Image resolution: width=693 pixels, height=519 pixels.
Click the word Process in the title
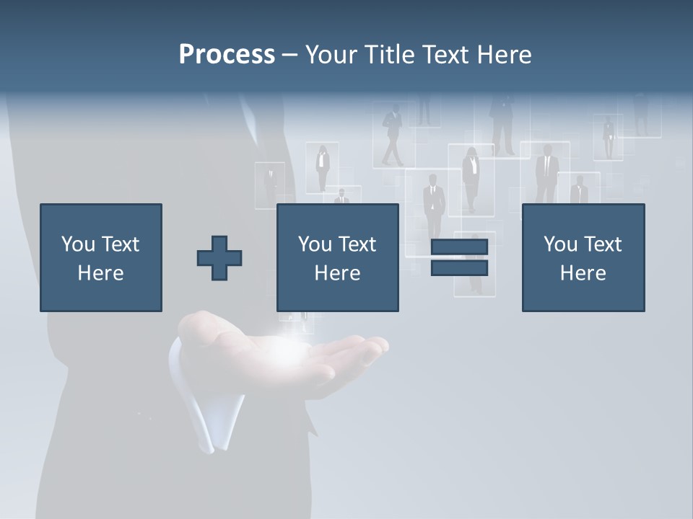(x=227, y=55)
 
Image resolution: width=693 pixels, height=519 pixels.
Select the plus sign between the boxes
(x=219, y=257)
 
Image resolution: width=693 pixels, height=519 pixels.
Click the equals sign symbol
(x=459, y=257)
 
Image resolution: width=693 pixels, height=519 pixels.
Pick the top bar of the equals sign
(x=459, y=247)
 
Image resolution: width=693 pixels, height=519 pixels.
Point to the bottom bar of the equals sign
(x=459, y=267)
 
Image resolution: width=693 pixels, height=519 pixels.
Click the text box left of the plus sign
(x=101, y=257)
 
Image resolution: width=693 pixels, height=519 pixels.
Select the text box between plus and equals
(x=338, y=257)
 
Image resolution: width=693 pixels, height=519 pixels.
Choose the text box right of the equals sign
(x=583, y=257)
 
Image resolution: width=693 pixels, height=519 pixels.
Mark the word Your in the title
(x=330, y=55)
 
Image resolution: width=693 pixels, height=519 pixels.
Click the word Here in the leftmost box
(x=101, y=272)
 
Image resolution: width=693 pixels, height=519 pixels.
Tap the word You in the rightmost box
(x=561, y=244)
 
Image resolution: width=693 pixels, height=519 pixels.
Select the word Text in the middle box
(x=358, y=244)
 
